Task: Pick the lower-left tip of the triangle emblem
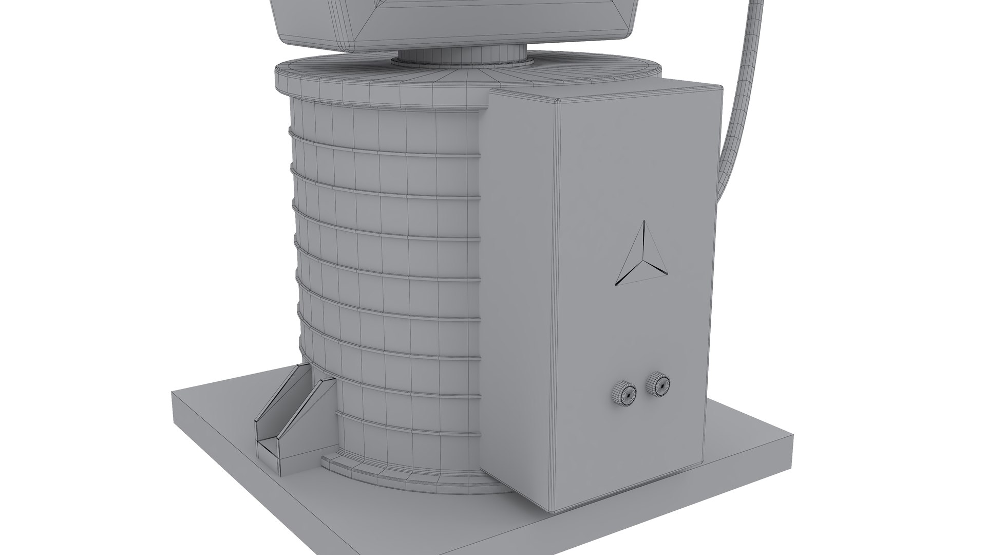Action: pyautogui.click(x=617, y=283)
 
